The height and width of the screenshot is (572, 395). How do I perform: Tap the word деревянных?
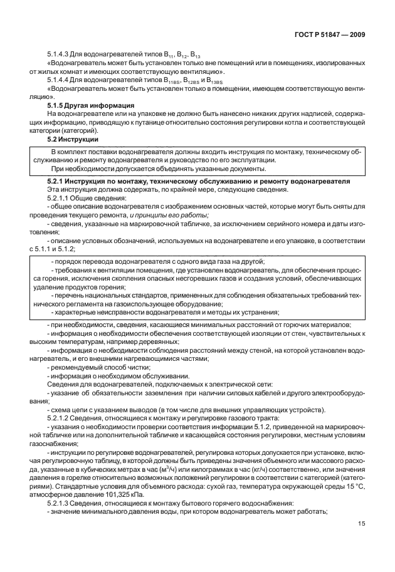click(157, 342)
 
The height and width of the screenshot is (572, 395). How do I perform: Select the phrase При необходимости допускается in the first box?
click(105, 169)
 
